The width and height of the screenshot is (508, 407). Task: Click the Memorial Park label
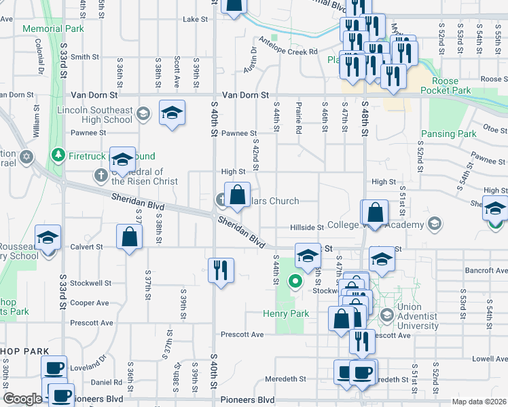[x=53, y=29]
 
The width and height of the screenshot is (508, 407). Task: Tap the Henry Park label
[x=286, y=313]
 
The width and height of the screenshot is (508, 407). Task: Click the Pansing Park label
[x=448, y=134]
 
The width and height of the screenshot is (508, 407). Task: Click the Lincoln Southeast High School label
[x=95, y=115]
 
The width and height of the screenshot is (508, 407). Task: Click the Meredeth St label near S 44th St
[x=285, y=380]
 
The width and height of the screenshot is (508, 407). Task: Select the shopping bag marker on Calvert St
[x=129, y=237]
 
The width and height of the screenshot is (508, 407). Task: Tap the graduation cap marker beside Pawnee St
[x=172, y=112]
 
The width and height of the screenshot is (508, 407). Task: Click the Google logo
[x=22, y=398]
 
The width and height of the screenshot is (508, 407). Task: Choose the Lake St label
[x=195, y=20]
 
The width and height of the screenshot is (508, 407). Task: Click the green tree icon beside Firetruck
[x=58, y=155]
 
